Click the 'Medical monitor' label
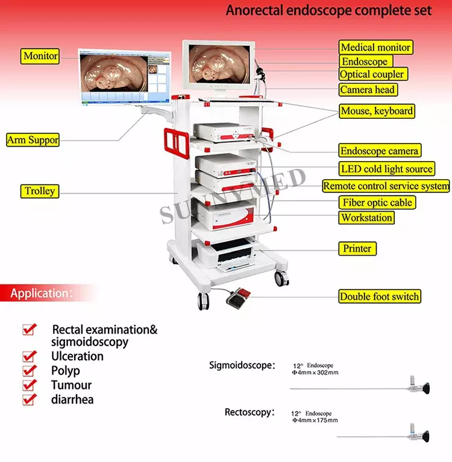[375, 47]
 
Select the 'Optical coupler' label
[372, 75]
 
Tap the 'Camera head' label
[368, 90]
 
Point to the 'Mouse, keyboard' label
[377, 111]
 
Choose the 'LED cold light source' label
[386, 169]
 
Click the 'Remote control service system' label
[386, 186]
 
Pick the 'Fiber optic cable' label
[377, 203]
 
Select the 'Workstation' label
[366, 218]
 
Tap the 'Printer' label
[357, 248]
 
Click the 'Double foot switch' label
[380, 296]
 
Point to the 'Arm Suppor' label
[33, 140]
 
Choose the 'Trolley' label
[40, 191]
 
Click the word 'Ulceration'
[77, 356]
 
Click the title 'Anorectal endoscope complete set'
[328, 11]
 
